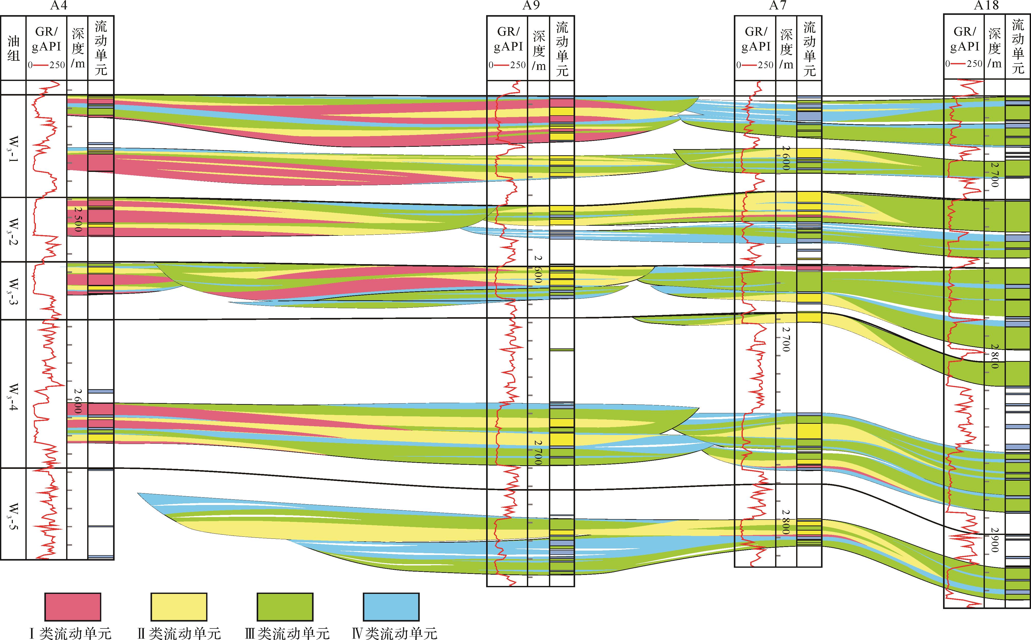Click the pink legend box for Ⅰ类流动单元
point(73,606)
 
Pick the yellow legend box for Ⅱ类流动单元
point(179,606)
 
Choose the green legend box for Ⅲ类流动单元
point(285,606)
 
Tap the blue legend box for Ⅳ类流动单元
point(391,606)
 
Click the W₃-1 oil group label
point(13,147)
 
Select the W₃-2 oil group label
point(13,229)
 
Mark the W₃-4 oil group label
point(13,394)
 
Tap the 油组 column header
point(14,47)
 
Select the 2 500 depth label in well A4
point(77,219)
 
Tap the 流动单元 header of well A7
point(809,49)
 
